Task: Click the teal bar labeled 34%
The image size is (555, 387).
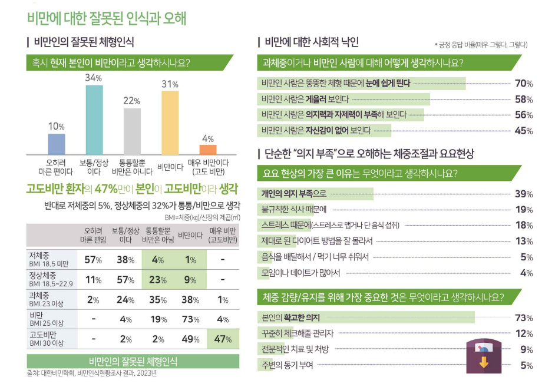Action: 94,120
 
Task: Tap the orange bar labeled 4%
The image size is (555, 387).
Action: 208,149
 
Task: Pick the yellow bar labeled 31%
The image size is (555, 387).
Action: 170,122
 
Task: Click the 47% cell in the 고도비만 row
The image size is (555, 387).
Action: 222,339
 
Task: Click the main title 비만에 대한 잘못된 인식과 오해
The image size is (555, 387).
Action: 107,18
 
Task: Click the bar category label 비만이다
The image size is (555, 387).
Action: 170,167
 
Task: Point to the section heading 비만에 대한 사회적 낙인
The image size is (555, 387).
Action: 312,42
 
